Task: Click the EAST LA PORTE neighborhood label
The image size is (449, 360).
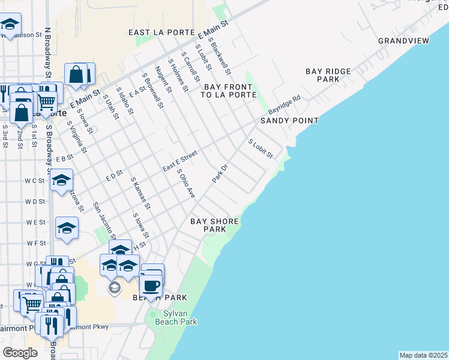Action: (161, 32)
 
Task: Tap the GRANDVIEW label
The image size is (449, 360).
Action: (403, 41)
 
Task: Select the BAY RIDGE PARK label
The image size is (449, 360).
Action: (328, 75)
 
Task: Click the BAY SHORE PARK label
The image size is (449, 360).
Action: (214, 225)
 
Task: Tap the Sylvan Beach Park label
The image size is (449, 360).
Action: (176, 317)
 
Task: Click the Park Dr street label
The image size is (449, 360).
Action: (220, 173)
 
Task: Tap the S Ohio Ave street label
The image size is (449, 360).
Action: (186, 183)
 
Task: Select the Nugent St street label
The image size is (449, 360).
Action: (163, 80)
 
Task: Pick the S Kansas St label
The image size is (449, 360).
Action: (140, 197)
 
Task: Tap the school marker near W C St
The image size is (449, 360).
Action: (61, 179)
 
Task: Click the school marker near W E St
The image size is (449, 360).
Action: (67, 227)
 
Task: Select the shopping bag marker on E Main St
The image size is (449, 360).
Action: (77, 75)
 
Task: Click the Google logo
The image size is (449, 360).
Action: (20, 353)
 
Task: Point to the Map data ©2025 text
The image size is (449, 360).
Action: (423, 355)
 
